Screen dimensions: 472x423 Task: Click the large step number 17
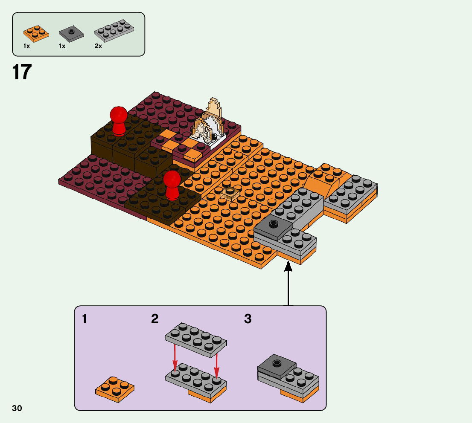click(22, 72)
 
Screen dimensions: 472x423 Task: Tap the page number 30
click(17, 409)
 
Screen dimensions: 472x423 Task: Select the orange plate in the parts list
click(36, 33)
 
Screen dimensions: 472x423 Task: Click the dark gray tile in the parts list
click(71, 33)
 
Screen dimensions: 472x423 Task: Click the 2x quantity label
click(99, 46)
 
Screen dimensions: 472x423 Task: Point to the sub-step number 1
click(85, 319)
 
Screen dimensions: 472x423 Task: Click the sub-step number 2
click(155, 319)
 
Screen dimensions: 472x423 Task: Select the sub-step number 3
click(248, 319)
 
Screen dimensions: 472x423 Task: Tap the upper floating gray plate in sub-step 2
click(196, 339)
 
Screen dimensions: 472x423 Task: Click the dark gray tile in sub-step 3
click(277, 365)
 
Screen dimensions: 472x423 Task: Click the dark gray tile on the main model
click(274, 226)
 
